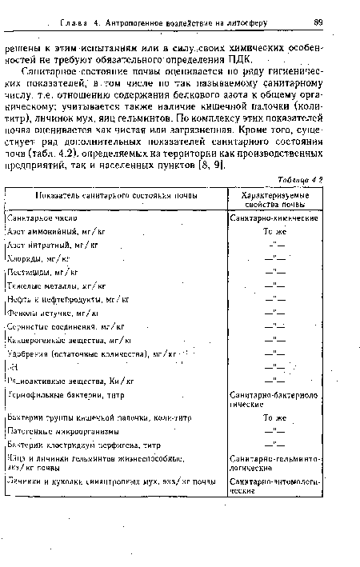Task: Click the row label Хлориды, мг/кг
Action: click(39, 258)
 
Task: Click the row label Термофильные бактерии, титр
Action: click(66, 395)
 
